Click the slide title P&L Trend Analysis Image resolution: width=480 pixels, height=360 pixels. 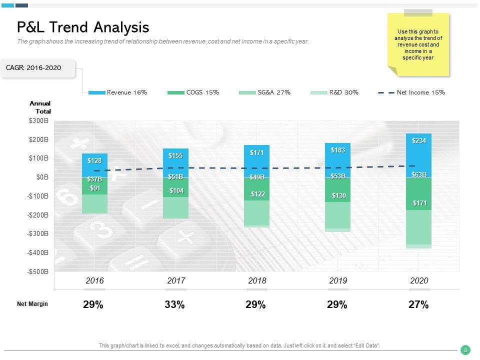coord(83,27)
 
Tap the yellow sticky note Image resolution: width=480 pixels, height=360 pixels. coord(418,45)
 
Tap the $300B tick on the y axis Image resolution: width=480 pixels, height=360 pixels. coord(38,120)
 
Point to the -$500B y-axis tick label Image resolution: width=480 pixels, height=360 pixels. coord(37,271)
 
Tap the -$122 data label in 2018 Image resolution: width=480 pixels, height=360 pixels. coord(257,194)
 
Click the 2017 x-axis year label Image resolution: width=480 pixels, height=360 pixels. coord(176,281)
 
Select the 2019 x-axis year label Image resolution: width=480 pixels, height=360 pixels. coord(338,281)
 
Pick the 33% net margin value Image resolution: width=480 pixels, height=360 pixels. coord(174,304)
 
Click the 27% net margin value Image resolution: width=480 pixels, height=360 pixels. coord(418,304)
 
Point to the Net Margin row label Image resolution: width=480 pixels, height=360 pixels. coord(32,304)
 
